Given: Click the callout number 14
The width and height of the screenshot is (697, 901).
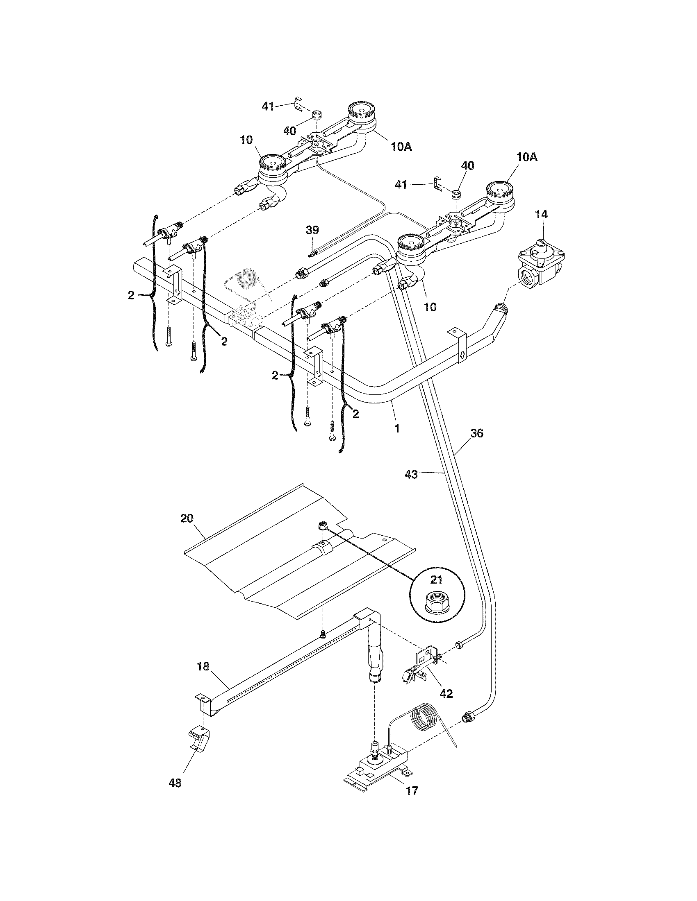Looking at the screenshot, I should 541,214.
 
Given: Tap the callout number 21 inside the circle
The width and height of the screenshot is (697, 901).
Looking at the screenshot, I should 436,580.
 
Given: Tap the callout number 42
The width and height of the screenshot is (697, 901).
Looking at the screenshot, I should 446,693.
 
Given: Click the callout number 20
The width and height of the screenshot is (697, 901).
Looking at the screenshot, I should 187,518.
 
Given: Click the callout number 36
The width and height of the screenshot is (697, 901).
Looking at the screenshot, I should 476,433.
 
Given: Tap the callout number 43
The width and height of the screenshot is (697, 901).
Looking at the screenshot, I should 411,475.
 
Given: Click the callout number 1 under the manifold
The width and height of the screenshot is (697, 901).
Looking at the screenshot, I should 397,429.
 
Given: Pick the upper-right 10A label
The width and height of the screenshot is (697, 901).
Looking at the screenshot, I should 527,157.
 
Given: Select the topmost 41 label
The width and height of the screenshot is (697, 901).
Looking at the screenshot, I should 269,106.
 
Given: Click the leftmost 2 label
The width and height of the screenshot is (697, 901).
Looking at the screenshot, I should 131,295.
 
